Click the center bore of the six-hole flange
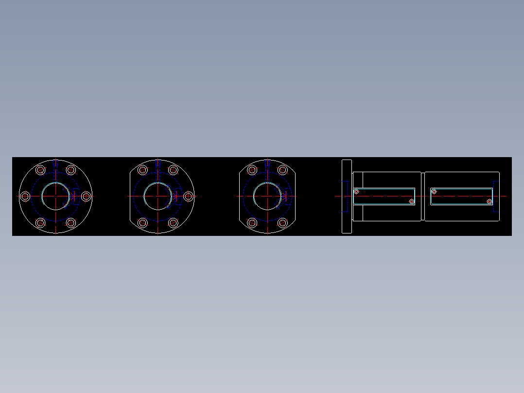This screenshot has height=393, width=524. pyautogui.click(x=56, y=196)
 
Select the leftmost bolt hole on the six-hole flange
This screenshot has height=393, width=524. pyautogui.click(x=25, y=196)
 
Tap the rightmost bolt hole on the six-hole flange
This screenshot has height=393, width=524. pyautogui.click(x=86, y=196)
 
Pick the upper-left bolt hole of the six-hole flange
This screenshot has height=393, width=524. pyautogui.click(x=41, y=170)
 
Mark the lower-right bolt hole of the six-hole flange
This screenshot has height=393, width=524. pyautogui.click(x=71, y=223)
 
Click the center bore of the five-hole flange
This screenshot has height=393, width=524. pyautogui.click(x=158, y=196)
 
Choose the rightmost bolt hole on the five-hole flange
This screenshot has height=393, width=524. pyautogui.click(x=188, y=196)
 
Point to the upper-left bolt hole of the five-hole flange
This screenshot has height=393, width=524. pyautogui.click(x=143, y=170)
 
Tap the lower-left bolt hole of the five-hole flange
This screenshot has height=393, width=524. pyautogui.click(x=143, y=223)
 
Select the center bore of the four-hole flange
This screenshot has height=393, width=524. pyautogui.click(x=267, y=196)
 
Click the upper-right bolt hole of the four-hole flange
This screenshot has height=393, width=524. pyautogui.click(x=282, y=170)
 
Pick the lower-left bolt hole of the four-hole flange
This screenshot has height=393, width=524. pyautogui.click(x=252, y=223)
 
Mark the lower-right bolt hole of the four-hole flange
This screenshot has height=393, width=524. pyautogui.click(x=282, y=223)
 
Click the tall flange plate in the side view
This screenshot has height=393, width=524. pyautogui.click(x=347, y=196)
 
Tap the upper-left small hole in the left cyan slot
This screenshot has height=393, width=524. pyautogui.click(x=356, y=192)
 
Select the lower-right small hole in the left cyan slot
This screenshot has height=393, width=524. pyautogui.click(x=411, y=201)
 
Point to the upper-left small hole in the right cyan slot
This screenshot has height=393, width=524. pyautogui.click(x=434, y=192)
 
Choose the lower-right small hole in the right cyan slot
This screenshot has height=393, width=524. pyautogui.click(x=489, y=201)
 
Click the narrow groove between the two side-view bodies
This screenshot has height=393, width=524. pyautogui.click(x=423, y=196)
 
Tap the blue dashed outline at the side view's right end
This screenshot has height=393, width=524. pyautogui.click(x=496, y=196)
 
